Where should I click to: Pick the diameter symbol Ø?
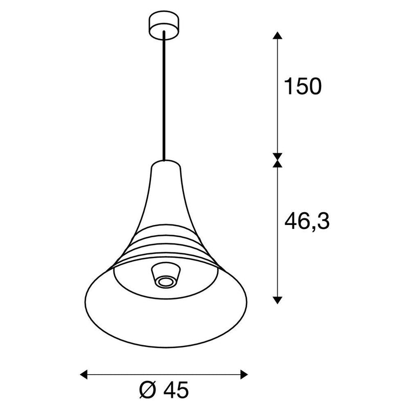(x=148, y=390)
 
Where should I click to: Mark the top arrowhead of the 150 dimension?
(x=277, y=35)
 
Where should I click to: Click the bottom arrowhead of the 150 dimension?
(x=277, y=157)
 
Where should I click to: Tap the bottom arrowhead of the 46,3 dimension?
(x=277, y=300)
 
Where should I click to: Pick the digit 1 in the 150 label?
(x=289, y=86)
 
